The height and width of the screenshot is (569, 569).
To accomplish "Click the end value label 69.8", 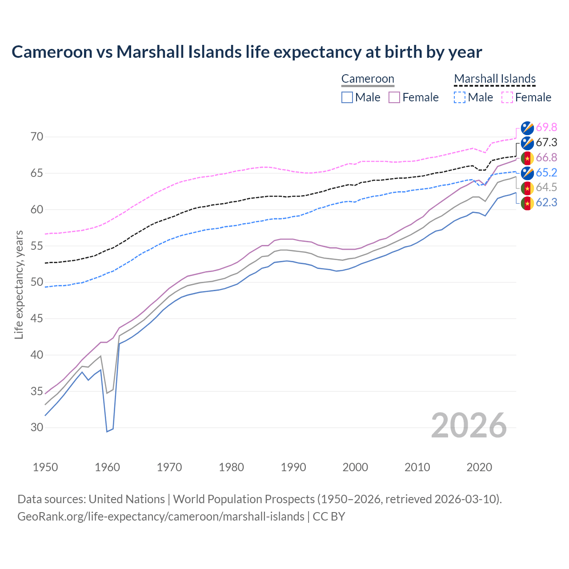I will tap(546, 128).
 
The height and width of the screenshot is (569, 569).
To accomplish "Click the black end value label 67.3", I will tap(546, 143).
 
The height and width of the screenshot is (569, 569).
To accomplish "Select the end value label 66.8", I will tap(546, 158).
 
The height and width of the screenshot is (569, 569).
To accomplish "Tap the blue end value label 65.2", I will tap(546, 173).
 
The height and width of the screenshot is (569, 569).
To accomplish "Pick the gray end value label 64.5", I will tap(546, 188).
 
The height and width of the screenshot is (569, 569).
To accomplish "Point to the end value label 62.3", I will tap(546, 203).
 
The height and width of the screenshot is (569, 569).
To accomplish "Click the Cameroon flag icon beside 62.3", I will tap(527, 203).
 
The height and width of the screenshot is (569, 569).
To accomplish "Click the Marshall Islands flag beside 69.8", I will tap(527, 128).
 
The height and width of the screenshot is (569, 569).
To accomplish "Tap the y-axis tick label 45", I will tap(37, 319).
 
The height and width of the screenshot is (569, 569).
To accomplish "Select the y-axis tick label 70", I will tap(37, 137).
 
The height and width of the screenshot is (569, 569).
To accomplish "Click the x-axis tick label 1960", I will tap(108, 467).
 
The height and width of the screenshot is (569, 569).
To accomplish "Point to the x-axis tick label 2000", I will tap(355, 467).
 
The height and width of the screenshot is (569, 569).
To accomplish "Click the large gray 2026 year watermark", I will tap(469, 425).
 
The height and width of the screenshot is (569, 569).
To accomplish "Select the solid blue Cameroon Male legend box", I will tap(347, 97).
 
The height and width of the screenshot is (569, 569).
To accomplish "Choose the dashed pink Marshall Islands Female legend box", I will tap(507, 97).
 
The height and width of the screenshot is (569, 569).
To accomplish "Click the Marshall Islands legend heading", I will tap(495, 79).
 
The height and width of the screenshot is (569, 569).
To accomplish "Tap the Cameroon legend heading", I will tap(368, 79).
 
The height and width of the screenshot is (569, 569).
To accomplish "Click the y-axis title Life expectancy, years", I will tap(19, 284).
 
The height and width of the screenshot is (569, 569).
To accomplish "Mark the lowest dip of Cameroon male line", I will tap(107, 431).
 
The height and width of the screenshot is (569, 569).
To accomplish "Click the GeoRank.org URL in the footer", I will tap(161, 517).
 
